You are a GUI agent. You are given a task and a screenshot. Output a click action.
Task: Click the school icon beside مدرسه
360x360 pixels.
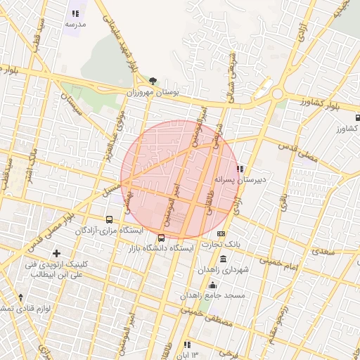[x=75, y=13]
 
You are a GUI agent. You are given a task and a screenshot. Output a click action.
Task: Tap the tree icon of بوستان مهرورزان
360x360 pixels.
[x=153, y=81]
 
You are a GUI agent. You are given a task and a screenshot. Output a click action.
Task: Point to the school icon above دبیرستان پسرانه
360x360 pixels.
[x=240, y=169]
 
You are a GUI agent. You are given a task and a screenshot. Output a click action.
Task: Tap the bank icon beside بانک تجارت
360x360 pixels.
[x=221, y=233]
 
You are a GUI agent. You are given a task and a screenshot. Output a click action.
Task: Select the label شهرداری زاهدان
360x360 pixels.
[x=223, y=269]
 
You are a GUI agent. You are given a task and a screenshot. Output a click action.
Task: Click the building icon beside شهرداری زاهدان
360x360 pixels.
[x=224, y=259]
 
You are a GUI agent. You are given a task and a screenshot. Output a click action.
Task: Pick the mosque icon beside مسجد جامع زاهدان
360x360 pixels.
[x=213, y=285]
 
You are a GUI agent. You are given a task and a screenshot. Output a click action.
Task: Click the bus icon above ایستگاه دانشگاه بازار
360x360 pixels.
[x=162, y=238]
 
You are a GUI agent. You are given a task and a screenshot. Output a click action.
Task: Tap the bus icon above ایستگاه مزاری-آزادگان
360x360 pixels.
[x=109, y=219]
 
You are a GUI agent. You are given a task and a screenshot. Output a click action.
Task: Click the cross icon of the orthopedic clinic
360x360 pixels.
[x=56, y=253]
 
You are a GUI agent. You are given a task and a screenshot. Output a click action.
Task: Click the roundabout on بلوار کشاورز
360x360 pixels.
[x=277, y=94]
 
